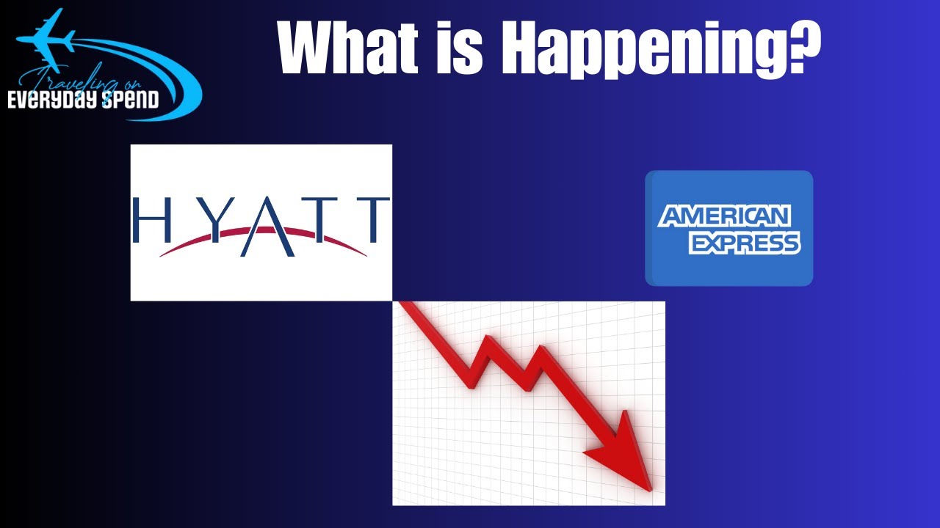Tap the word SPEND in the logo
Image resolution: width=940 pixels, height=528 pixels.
coord(131,99)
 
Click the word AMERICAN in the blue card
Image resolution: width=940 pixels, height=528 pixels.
coord(724,216)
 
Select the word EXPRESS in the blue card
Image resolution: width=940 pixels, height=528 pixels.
coord(743,243)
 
